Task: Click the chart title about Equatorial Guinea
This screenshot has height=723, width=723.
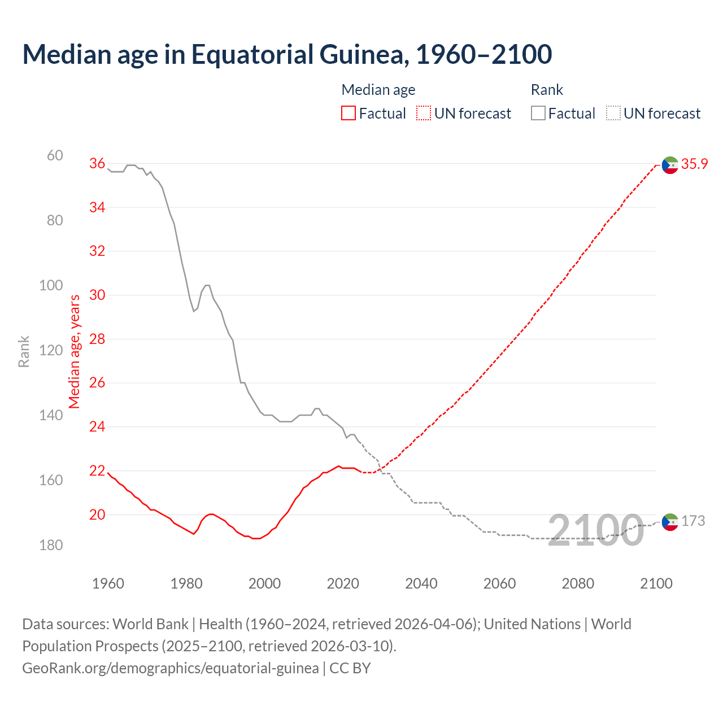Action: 287,55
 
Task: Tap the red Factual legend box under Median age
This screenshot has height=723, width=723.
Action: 349,114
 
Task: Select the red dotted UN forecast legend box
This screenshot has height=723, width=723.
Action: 424,114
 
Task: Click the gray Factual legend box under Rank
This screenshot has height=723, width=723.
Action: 538,114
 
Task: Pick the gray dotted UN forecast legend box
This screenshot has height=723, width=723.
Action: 613,114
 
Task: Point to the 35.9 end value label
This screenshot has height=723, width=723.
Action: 694,164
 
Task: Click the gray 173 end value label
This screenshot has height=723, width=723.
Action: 693,521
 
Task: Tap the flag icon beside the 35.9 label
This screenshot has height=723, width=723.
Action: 670,165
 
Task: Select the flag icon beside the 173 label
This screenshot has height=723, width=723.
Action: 670,522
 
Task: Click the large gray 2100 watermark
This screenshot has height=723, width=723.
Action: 596,530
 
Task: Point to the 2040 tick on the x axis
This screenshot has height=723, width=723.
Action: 421,583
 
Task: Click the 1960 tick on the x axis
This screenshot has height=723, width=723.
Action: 108,583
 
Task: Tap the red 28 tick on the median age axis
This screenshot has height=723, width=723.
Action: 97,339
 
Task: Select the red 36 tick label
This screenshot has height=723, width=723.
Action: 97,163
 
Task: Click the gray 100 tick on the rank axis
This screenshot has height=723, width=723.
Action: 51,285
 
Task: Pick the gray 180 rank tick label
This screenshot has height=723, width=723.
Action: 51,545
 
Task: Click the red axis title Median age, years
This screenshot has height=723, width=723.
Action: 75,351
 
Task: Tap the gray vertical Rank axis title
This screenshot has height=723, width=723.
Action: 24,351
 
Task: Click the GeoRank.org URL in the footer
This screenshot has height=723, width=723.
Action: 170,668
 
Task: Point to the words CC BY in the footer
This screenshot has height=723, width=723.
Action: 350,668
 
